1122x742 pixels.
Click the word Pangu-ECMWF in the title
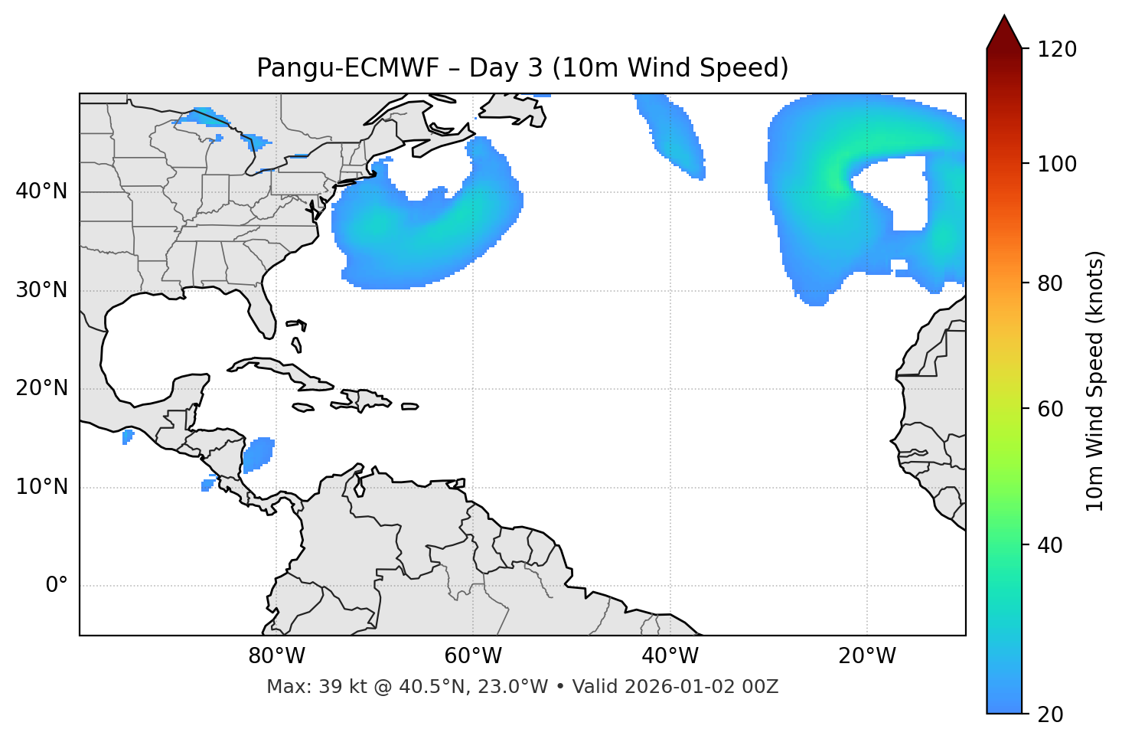pos(347,69)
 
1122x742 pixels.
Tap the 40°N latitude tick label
pos(41,191)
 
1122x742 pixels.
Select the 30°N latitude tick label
pos(41,290)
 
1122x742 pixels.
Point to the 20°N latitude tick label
pos(41,389)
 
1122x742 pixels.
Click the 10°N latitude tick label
pos(41,487)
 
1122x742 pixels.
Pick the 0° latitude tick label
pos(57,586)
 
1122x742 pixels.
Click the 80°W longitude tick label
pos(276,656)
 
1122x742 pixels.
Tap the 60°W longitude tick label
pos(473,656)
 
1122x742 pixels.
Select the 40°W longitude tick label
pos(670,656)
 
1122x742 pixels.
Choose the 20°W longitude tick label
pos(867,656)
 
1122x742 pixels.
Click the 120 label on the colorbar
pos(1057,50)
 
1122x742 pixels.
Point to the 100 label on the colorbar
pos(1057,164)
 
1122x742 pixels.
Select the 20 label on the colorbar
pos(1049,714)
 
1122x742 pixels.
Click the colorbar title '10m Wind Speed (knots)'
pos(1095,381)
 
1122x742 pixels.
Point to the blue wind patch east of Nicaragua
pos(258,454)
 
